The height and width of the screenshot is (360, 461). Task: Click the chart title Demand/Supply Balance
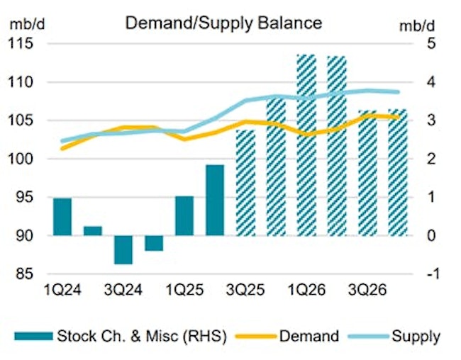tap(223, 23)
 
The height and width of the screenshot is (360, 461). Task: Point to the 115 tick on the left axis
tap(23, 44)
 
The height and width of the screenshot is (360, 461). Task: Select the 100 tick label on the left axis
tap(23, 159)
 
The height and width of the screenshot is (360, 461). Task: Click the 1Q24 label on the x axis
tap(62, 290)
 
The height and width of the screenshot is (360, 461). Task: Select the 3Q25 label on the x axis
tap(245, 290)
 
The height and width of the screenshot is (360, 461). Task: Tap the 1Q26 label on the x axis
tap(306, 290)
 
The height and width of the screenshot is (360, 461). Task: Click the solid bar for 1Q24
tap(62, 217)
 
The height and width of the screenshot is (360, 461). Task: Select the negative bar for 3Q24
tap(123, 249)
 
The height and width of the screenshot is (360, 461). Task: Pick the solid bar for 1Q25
tap(184, 215)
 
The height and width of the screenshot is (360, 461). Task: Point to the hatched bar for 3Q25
tap(245, 183)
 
